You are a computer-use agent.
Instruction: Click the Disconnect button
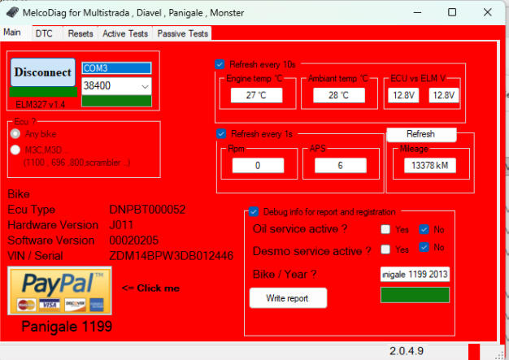(x=43, y=72)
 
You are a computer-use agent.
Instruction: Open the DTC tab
(x=43, y=33)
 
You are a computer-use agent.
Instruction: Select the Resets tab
(x=80, y=33)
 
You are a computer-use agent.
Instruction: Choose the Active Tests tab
(x=125, y=33)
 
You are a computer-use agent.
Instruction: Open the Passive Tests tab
(x=182, y=33)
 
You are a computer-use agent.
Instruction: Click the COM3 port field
(x=117, y=67)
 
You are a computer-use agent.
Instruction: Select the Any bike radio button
(x=15, y=133)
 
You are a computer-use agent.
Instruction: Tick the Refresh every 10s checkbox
(x=220, y=64)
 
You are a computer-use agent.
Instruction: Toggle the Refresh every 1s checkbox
(x=220, y=134)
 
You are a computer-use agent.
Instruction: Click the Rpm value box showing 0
(x=257, y=166)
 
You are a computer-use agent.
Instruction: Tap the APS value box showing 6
(x=339, y=166)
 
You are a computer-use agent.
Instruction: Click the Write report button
(x=288, y=298)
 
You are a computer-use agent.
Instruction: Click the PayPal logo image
(x=59, y=291)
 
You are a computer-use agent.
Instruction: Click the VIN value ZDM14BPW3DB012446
(x=172, y=256)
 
